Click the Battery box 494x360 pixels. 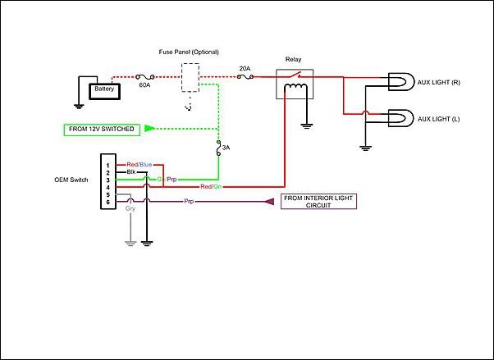(x=104, y=91)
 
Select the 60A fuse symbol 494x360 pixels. (x=145, y=77)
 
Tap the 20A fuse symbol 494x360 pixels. (x=245, y=76)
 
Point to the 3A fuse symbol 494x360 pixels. (x=218, y=148)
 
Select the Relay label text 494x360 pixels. (x=293, y=59)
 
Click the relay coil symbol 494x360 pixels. (x=295, y=86)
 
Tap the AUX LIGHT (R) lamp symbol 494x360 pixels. (x=400, y=82)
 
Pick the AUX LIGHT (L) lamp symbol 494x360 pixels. (x=400, y=118)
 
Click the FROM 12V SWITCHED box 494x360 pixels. (x=102, y=130)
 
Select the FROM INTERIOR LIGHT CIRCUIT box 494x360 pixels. (x=318, y=202)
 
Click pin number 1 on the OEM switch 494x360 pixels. (x=107, y=166)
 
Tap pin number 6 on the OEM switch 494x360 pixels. (x=107, y=203)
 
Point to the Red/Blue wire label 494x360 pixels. (x=140, y=165)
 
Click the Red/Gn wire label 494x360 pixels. (x=211, y=187)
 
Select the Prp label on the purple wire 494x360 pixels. (x=189, y=201)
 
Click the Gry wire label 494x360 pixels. (x=130, y=208)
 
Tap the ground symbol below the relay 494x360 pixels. (x=306, y=126)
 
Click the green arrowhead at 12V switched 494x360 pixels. (x=149, y=129)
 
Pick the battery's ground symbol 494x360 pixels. (x=79, y=107)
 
